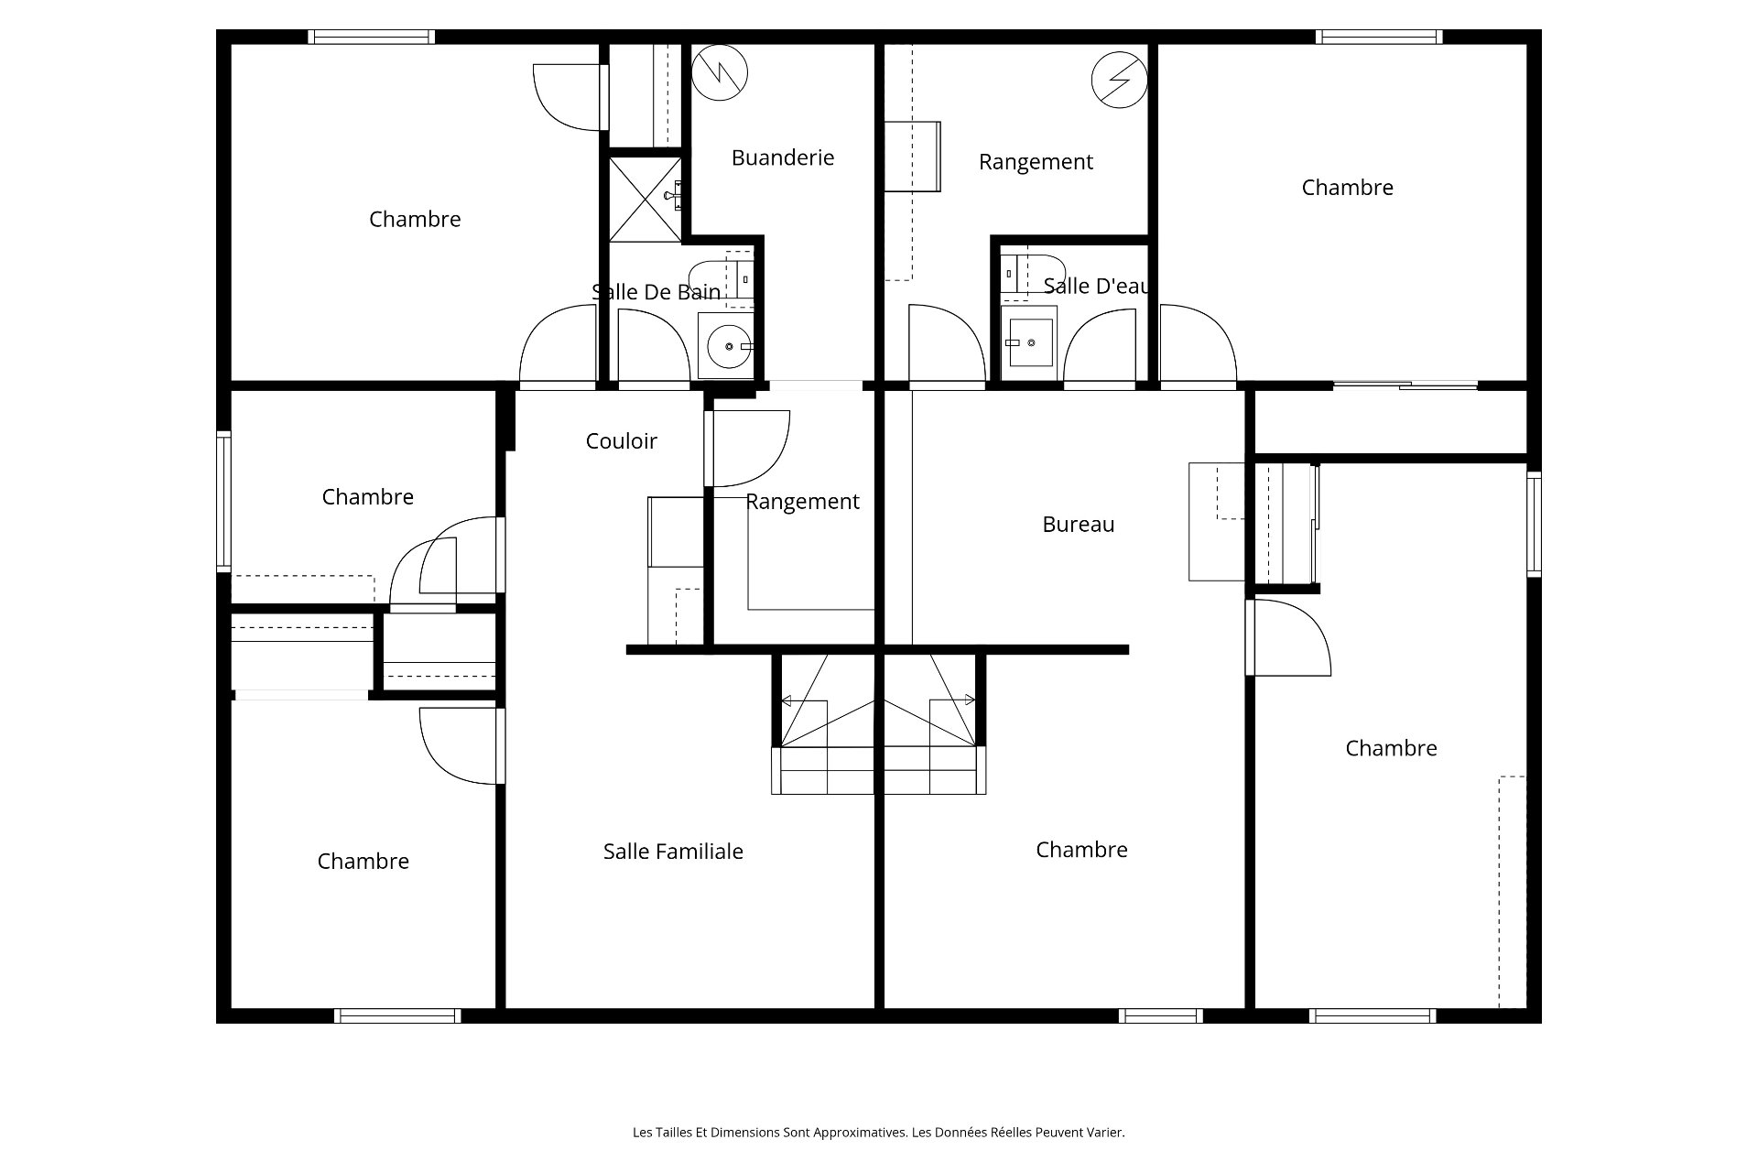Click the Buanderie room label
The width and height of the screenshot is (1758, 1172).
783,157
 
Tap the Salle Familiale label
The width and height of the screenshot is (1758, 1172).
673,852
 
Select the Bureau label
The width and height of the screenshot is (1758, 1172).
1079,525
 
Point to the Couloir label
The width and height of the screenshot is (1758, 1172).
622,441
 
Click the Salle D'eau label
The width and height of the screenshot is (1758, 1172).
1096,287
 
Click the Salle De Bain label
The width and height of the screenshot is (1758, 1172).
657,292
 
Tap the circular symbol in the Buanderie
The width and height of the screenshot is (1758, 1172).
720,72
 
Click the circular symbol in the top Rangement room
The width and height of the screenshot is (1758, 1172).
1119,80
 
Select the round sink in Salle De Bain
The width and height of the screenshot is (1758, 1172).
730,346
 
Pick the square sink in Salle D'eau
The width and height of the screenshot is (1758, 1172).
1029,342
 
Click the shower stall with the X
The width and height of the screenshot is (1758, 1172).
646,199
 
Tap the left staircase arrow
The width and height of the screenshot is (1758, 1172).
805,700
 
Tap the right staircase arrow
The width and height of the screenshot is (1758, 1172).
953,700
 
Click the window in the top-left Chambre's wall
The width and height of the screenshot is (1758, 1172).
371,37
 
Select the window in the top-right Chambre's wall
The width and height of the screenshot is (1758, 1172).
1379,37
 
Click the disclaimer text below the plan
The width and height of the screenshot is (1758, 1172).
879,1133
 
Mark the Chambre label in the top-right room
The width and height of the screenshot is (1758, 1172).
1348,188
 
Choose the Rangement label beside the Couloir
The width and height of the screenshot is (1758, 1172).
803,502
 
